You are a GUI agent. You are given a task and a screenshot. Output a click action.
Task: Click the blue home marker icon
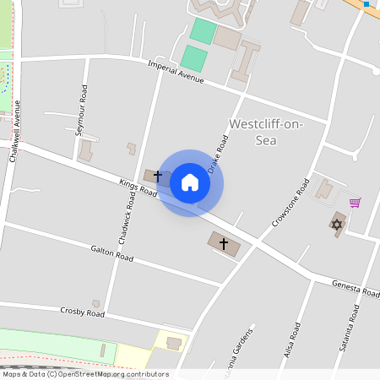[x=190, y=182]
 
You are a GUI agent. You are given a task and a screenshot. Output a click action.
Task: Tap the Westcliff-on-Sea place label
[x=266, y=133]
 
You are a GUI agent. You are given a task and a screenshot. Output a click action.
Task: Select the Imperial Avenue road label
[x=176, y=72]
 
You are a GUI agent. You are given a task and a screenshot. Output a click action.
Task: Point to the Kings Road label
[x=138, y=187]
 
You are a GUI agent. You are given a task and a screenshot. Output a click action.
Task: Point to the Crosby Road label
[x=83, y=312]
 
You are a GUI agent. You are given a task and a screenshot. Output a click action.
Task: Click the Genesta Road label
[x=356, y=289]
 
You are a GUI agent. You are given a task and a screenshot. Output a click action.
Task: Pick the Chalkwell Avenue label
[x=14, y=131]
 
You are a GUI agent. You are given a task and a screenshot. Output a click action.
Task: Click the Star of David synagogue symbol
[x=337, y=225]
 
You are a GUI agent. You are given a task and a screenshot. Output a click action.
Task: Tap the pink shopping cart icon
[x=356, y=203]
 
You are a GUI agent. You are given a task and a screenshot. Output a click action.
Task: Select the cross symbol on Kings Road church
[x=157, y=176]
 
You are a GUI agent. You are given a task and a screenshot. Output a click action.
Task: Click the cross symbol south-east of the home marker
[x=224, y=245]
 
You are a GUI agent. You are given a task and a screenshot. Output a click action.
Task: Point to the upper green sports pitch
[x=203, y=31]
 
